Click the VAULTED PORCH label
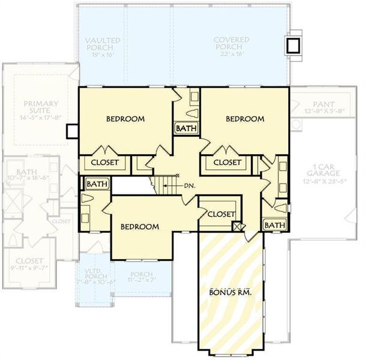coord(103,44)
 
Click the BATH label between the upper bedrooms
coord(184,128)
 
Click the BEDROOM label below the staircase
coord(139,227)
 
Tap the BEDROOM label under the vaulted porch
coord(125,119)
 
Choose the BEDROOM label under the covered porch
coord(244,119)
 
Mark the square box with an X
coord(237,227)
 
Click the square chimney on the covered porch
coord(293,46)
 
